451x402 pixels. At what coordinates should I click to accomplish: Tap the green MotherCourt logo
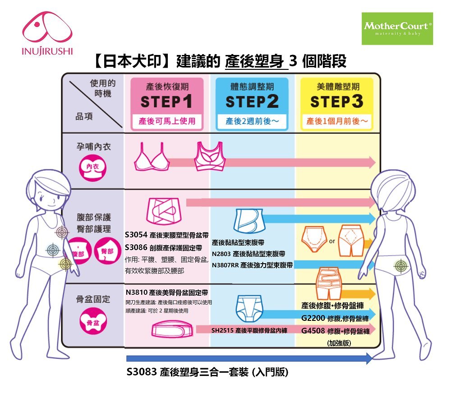[x=397, y=28]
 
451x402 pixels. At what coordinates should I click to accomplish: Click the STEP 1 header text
[x=166, y=102]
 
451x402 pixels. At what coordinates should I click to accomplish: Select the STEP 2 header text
[x=252, y=102]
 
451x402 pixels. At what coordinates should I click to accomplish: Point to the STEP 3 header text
[x=336, y=102]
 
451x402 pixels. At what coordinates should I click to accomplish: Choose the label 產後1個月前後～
[x=337, y=121]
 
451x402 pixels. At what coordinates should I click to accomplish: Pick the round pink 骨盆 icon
[x=92, y=321]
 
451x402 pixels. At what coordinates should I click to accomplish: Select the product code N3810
[x=137, y=292]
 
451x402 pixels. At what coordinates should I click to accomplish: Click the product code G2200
[x=313, y=319]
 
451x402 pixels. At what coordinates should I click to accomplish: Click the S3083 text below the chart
[x=141, y=373]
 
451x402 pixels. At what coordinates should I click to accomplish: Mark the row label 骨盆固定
[x=93, y=299]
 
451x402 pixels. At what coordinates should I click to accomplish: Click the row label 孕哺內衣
[x=93, y=147]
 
